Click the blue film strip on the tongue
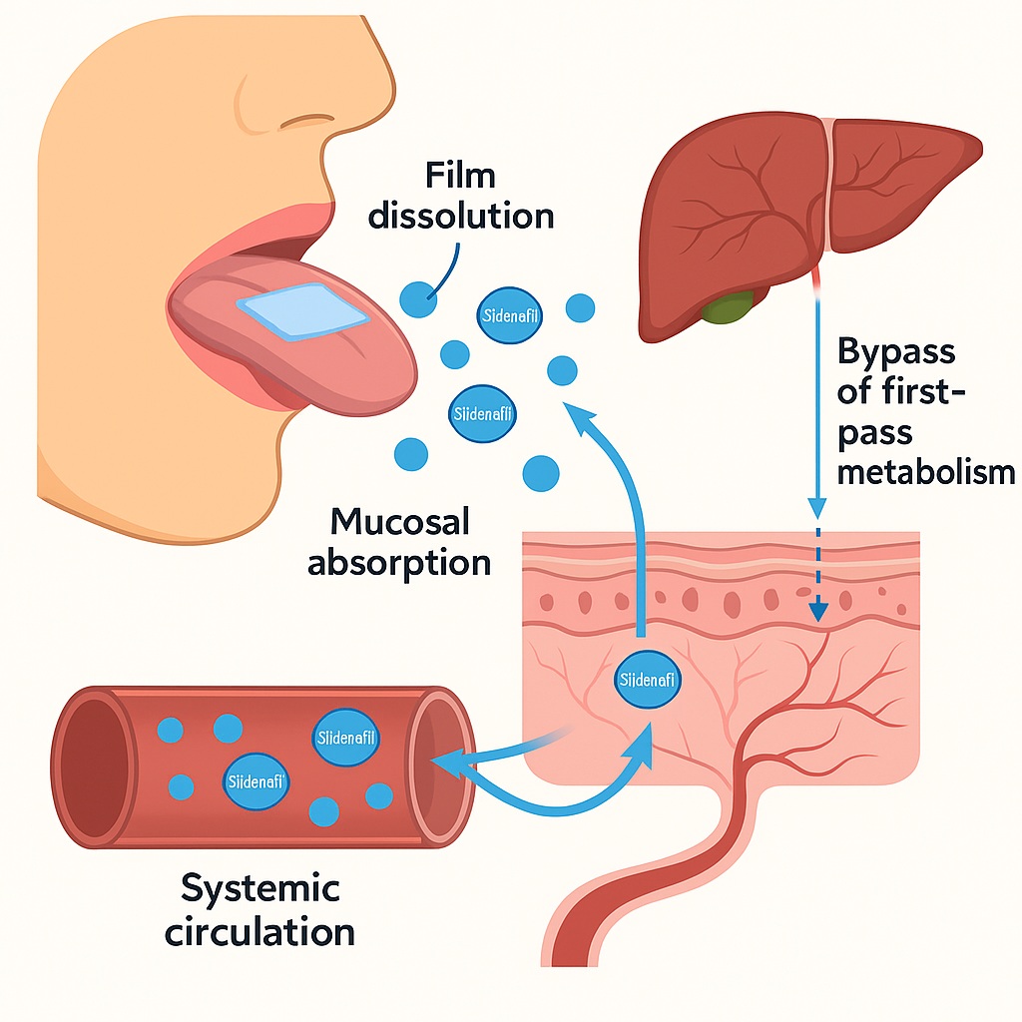click(x=304, y=318)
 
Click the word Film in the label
click(x=459, y=177)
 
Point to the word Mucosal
click(x=399, y=521)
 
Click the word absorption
click(x=399, y=561)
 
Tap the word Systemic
click(x=260, y=887)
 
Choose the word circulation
click(x=259, y=932)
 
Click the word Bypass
click(x=896, y=351)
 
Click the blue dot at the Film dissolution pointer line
click(x=418, y=296)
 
